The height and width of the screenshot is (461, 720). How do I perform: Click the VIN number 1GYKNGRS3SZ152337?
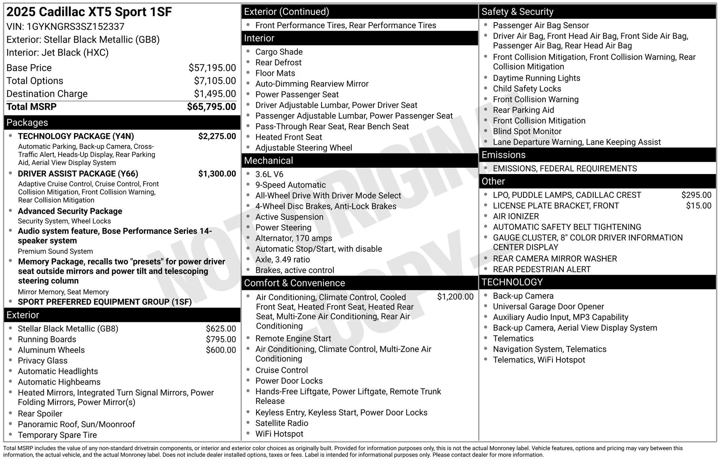pos(75,27)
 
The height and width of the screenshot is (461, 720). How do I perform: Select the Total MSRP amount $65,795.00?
pos(211,107)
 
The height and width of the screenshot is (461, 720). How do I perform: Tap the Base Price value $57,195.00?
pos(212,68)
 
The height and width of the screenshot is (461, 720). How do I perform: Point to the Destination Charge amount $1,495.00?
pos(215,94)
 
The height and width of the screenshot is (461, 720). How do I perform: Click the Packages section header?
pos(27,123)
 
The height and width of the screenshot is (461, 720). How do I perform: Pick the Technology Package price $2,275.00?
pos(217,136)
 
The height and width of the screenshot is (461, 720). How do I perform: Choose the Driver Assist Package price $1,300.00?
pos(217,174)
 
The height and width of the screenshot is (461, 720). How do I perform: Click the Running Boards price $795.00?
pos(221,339)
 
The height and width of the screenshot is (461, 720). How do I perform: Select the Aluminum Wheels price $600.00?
pos(221,350)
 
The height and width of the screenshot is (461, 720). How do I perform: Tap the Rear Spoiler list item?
pos(40,414)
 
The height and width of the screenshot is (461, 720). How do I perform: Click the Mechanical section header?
pos(268,161)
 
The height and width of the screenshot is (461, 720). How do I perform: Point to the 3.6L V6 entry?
pos(269,174)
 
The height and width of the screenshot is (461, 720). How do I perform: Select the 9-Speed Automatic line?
pos(291,185)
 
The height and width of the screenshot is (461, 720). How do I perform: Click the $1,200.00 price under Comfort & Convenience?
pos(455,297)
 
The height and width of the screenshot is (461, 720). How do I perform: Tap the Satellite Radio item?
pos(282,423)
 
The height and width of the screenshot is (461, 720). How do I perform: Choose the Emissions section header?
pos(503,155)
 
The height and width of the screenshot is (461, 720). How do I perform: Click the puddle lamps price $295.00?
pos(696,195)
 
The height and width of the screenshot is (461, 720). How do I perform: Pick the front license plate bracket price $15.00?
pos(699,206)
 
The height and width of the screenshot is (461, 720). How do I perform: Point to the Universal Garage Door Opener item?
pos(548,306)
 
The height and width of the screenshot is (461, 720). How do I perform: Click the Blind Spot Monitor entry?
pos(527,131)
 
